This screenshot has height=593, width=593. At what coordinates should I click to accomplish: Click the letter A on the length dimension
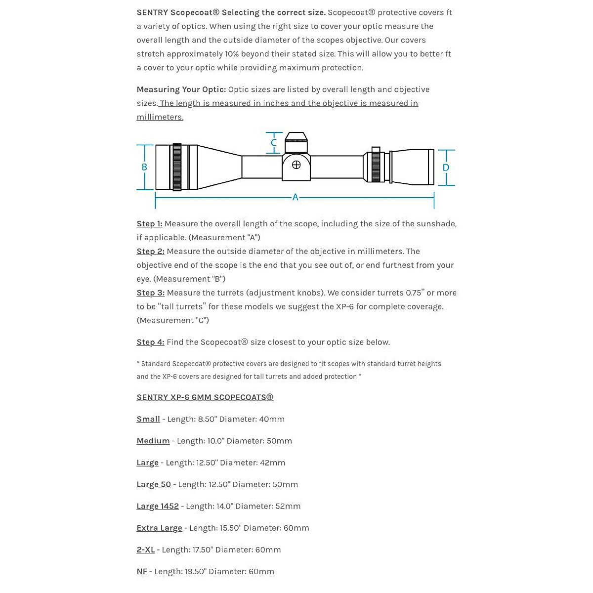(295, 197)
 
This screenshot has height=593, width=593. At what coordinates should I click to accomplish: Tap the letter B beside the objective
(144, 167)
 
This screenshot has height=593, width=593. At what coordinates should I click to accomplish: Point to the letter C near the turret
(274, 143)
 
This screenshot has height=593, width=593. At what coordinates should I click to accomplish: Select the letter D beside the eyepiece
(446, 168)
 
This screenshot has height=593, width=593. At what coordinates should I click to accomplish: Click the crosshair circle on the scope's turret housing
(296, 165)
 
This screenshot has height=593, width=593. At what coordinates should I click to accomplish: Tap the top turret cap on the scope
(296, 141)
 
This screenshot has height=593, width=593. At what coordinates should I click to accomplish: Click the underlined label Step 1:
(149, 224)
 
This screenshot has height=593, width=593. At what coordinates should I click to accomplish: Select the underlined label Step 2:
(150, 252)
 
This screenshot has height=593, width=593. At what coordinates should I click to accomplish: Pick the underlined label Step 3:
(150, 293)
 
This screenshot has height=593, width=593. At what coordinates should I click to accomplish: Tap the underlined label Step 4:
(150, 342)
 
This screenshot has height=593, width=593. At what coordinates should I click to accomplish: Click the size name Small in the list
(148, 420)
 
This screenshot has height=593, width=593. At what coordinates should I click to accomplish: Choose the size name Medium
(153, 441)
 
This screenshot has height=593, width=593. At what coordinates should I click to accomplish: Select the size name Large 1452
(158, 507)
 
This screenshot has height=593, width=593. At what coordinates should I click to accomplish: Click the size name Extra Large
(159, 528)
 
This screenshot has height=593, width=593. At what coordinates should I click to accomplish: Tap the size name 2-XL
(145, 550)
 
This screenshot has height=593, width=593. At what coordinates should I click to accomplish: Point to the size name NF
(142, 572)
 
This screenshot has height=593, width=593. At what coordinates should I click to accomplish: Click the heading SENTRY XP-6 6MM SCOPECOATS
(205, 397)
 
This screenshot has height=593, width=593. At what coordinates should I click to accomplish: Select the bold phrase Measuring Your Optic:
(181, 89)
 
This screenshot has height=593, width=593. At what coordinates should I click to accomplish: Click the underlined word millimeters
(160, 117)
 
